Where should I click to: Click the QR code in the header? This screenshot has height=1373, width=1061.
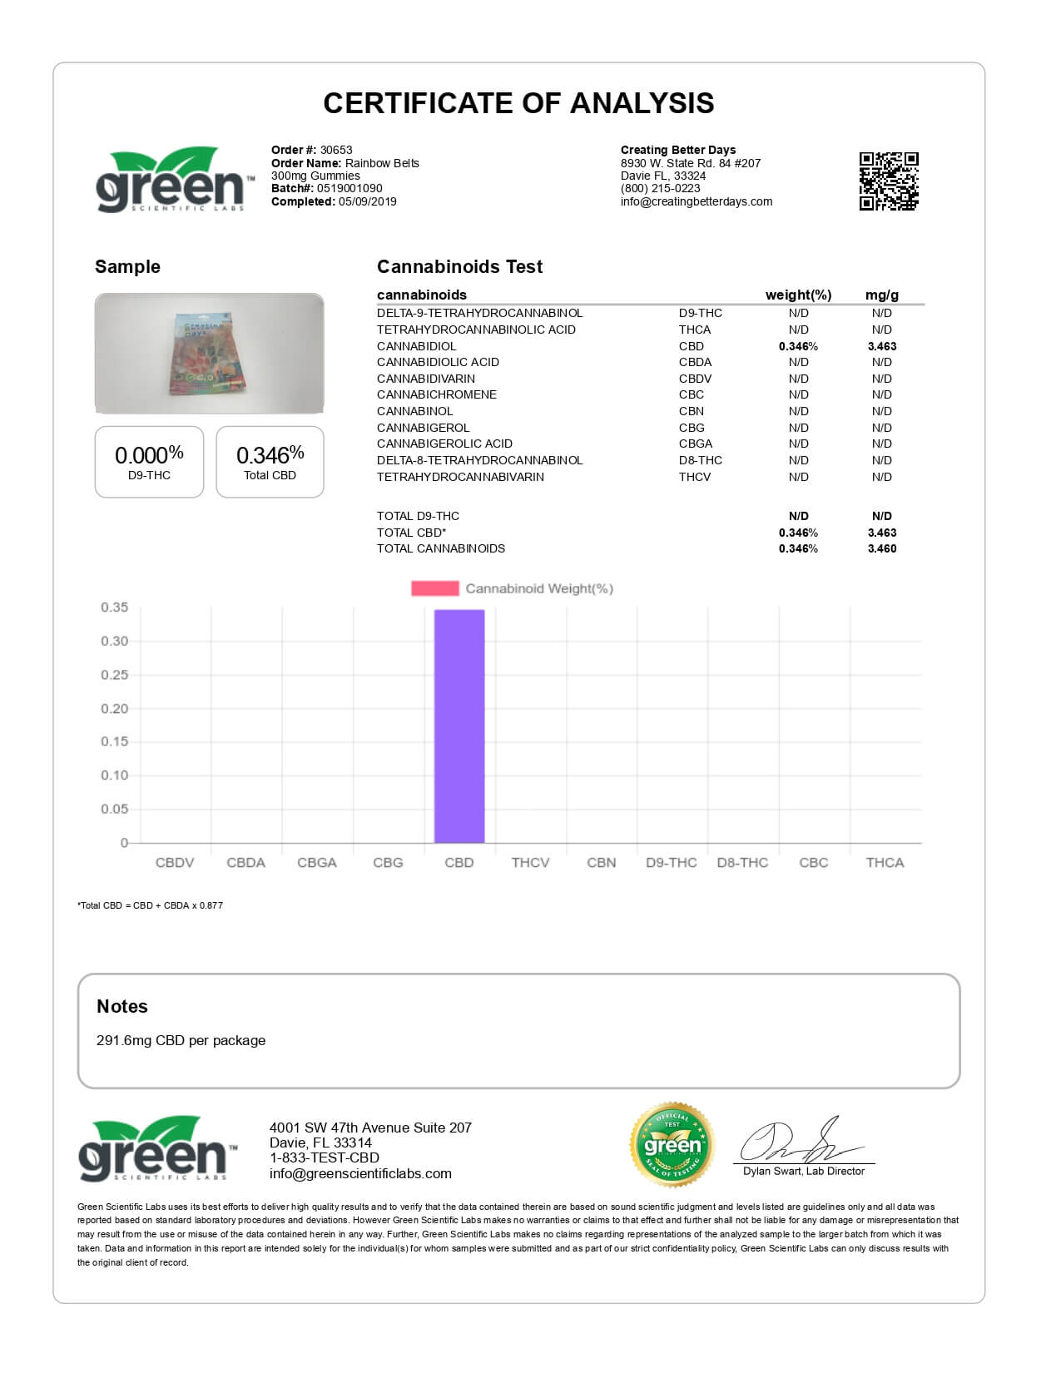coord(889,181)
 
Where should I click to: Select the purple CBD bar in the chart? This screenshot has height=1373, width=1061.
coord(459,726)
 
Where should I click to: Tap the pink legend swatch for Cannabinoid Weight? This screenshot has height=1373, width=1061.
coord(434,588)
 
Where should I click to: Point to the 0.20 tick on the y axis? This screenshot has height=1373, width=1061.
coord(115,709)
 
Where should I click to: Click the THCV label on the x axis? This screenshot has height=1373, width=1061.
coord(530,863)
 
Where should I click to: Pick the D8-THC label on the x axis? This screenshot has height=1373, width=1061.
coord(742,863)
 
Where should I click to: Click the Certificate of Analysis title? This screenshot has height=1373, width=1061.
coord(518,103)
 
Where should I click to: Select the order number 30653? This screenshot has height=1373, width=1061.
coord(336,151)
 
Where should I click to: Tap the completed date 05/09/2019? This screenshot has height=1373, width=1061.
coord(367,201)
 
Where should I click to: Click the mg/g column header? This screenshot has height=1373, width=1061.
coord(881,295)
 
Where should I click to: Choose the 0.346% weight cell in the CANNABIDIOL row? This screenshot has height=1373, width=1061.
coord(798,346)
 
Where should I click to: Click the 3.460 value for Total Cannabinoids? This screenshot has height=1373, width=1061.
coord(881,548)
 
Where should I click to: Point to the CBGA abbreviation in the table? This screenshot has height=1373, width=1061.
coord(695,444)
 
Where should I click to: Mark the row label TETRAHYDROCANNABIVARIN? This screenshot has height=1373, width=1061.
coord(460,477)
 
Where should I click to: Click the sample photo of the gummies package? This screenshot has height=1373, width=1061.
coord(209,353)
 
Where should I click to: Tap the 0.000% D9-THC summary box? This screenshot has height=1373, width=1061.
coord(149,462)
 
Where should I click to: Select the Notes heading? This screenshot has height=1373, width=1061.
coord(122,1006)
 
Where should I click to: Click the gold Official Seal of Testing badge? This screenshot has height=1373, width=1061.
coord(672,1146)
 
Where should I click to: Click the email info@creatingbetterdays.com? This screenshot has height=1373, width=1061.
coord(697,201)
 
